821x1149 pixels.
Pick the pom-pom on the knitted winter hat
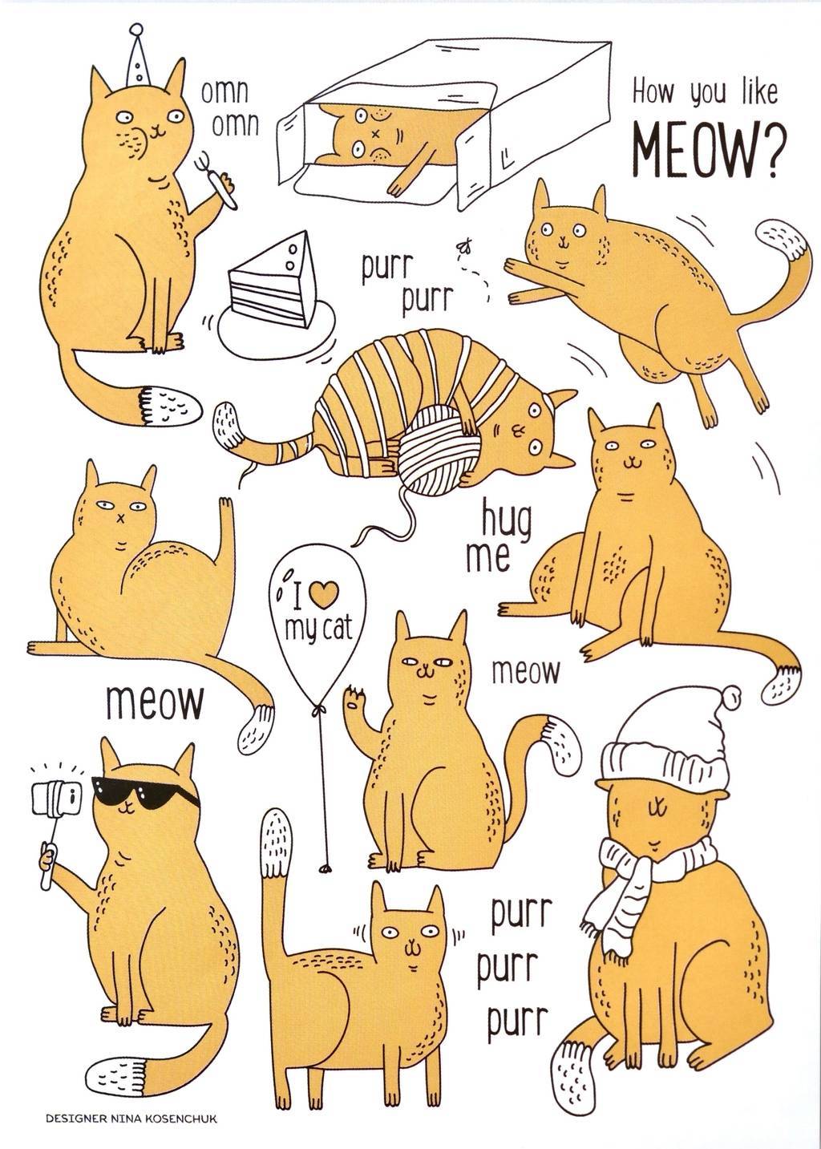[x=731, y=697]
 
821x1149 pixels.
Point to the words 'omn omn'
[x=224, y=108]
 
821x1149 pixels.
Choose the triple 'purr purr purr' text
[x=518, y=967]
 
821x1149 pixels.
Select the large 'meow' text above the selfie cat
[x=155, y=702]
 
